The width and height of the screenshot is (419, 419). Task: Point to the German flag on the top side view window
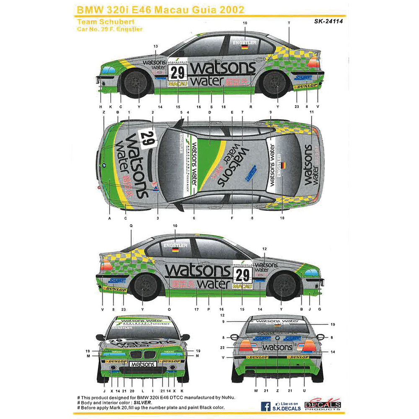pos(245,47)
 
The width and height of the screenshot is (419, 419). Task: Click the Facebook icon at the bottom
pos(265,406)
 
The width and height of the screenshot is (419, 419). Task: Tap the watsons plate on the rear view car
pos(277,347)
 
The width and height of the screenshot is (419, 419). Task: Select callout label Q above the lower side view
pos(131,225)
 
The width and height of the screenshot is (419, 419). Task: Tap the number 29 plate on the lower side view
pos(242,274)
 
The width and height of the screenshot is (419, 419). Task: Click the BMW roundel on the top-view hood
pos(103,166)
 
